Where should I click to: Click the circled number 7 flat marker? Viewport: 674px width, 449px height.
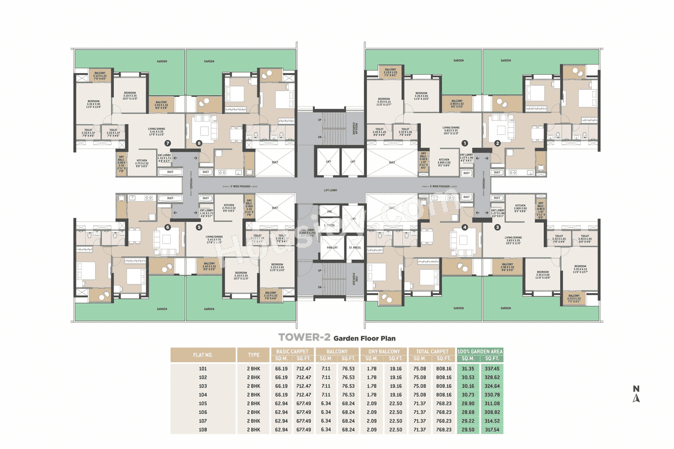(167, 143)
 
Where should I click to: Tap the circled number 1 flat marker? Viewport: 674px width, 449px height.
(464, 142)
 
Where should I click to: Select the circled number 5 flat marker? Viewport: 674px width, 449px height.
(199, 227)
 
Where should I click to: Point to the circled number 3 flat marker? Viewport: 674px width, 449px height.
(497, 227)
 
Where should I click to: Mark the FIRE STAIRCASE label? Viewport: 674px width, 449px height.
(356, 281)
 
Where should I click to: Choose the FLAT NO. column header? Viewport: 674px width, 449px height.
(203, 355)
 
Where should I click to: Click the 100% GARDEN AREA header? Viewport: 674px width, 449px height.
(480, 351)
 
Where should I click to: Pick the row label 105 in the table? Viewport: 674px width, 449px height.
(203, 403)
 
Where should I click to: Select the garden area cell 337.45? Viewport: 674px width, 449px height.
(491, 368)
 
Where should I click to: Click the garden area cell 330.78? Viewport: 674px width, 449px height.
(491, 395)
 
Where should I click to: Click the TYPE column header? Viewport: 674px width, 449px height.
(254, 355)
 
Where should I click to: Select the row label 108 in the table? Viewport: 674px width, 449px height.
(203, 430)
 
